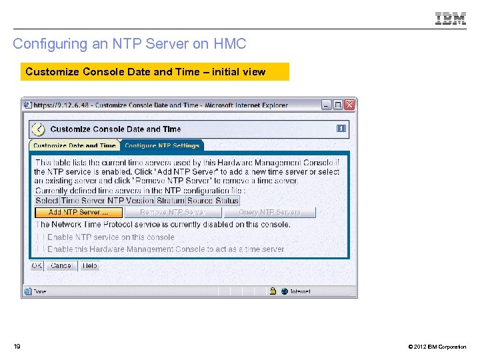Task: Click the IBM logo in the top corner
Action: [x=451, y=19]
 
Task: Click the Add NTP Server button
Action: [x=79, y=213]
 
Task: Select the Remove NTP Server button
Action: [x=172, y=213]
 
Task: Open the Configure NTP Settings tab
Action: [x=162, y=145]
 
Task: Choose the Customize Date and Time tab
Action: [x=74, y=145]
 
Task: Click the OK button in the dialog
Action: [x=37, y=265]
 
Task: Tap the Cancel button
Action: [x=61, y=265]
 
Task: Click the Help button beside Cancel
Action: [x=89, y=265]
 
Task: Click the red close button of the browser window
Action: [x=350, y=105]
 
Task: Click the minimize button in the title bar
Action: [x=326, y=105]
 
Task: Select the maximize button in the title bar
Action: [x=338, y=105]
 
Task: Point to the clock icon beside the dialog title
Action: [x=39, y=129]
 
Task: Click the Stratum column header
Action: [x=171, y=201]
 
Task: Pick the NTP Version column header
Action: [x=131, y=201]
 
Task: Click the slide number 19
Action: [x=17, y=346]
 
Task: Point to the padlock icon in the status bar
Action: [x=273, y=291]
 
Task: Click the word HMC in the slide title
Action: [x=230, y=44]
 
